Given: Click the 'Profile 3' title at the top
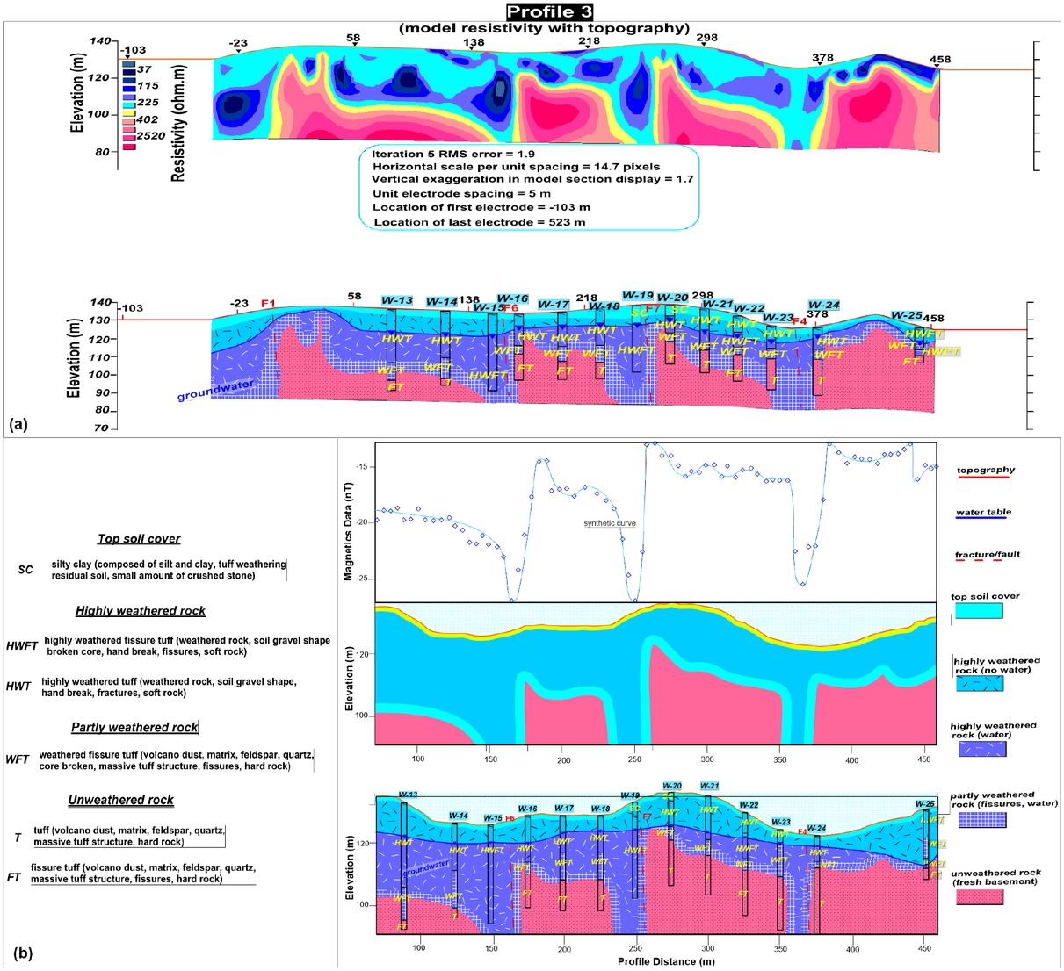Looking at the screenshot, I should [x=549, y=11].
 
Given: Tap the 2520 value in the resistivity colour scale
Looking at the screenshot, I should [x=151, y=136].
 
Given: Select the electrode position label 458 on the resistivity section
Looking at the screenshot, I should [x=939, y=60].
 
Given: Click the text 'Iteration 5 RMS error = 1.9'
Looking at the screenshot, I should [x=453, y=154].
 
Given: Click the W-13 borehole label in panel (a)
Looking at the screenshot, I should [x=397, y=300].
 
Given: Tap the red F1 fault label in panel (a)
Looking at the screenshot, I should [x=268, y=304].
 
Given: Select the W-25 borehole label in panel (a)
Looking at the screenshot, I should [x=906, y=315].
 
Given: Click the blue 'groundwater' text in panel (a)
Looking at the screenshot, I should [x=215, y=390].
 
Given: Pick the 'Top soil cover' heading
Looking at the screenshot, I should [x=139, y=539].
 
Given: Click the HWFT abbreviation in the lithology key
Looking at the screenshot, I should [x=21, y=645].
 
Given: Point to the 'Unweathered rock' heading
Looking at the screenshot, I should [x=120, y=800].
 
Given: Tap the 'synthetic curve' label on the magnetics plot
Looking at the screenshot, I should [x=610, y=524].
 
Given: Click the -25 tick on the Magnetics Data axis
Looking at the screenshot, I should [x=360, y=579].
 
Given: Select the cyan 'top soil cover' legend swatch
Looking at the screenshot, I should [x=978, y=611].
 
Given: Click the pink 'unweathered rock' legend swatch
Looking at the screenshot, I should [x=979, y=896].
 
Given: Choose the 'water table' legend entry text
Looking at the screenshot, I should [x=983, y=512].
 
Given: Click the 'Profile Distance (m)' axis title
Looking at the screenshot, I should [x=665, y=961].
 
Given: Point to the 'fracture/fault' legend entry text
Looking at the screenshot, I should [x=988, y=554].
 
